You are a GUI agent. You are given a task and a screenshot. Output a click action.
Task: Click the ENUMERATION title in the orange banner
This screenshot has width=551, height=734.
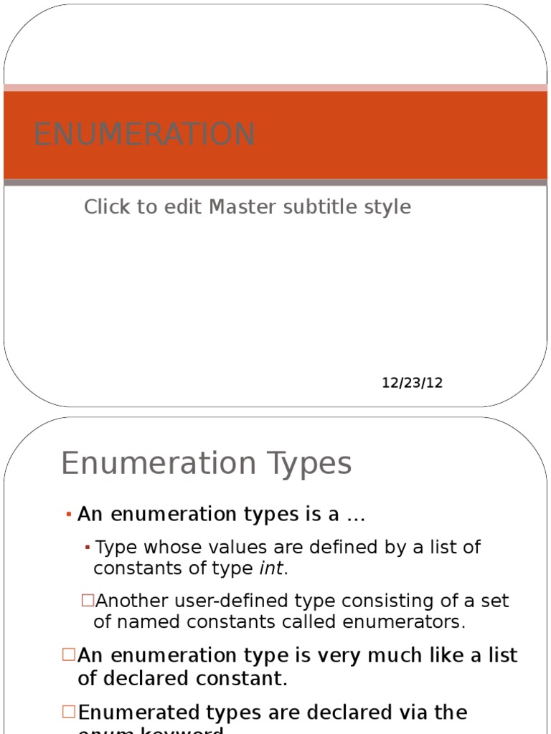(144, 135)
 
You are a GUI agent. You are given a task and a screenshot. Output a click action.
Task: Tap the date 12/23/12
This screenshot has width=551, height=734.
(412, 383)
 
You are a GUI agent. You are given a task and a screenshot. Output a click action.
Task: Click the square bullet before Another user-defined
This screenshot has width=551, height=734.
(88, 600)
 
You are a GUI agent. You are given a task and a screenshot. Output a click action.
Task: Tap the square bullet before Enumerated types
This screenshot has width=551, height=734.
(69, 712)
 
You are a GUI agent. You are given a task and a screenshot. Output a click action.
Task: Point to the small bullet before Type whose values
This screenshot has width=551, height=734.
(87, 548)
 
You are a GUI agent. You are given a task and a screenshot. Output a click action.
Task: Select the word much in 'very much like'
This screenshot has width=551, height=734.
(397, 656)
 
